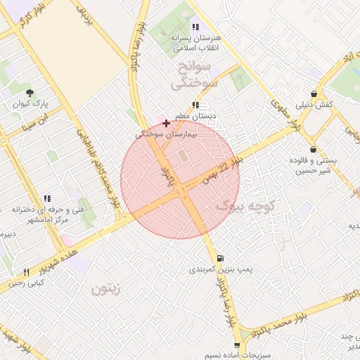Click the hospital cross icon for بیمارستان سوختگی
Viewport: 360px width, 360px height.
point(166,123)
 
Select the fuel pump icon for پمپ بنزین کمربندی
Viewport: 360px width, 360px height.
point(221,259)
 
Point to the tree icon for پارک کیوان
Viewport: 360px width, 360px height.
point(30,93)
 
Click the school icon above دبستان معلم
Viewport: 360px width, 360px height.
point(195,105)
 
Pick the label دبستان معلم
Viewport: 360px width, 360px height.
point(196,115)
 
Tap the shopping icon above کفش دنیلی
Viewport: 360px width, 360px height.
point(314,94)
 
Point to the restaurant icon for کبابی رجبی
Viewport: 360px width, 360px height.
point(26,272)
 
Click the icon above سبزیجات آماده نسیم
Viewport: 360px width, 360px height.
point(237,345)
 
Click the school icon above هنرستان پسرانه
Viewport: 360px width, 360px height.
point(195,27)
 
